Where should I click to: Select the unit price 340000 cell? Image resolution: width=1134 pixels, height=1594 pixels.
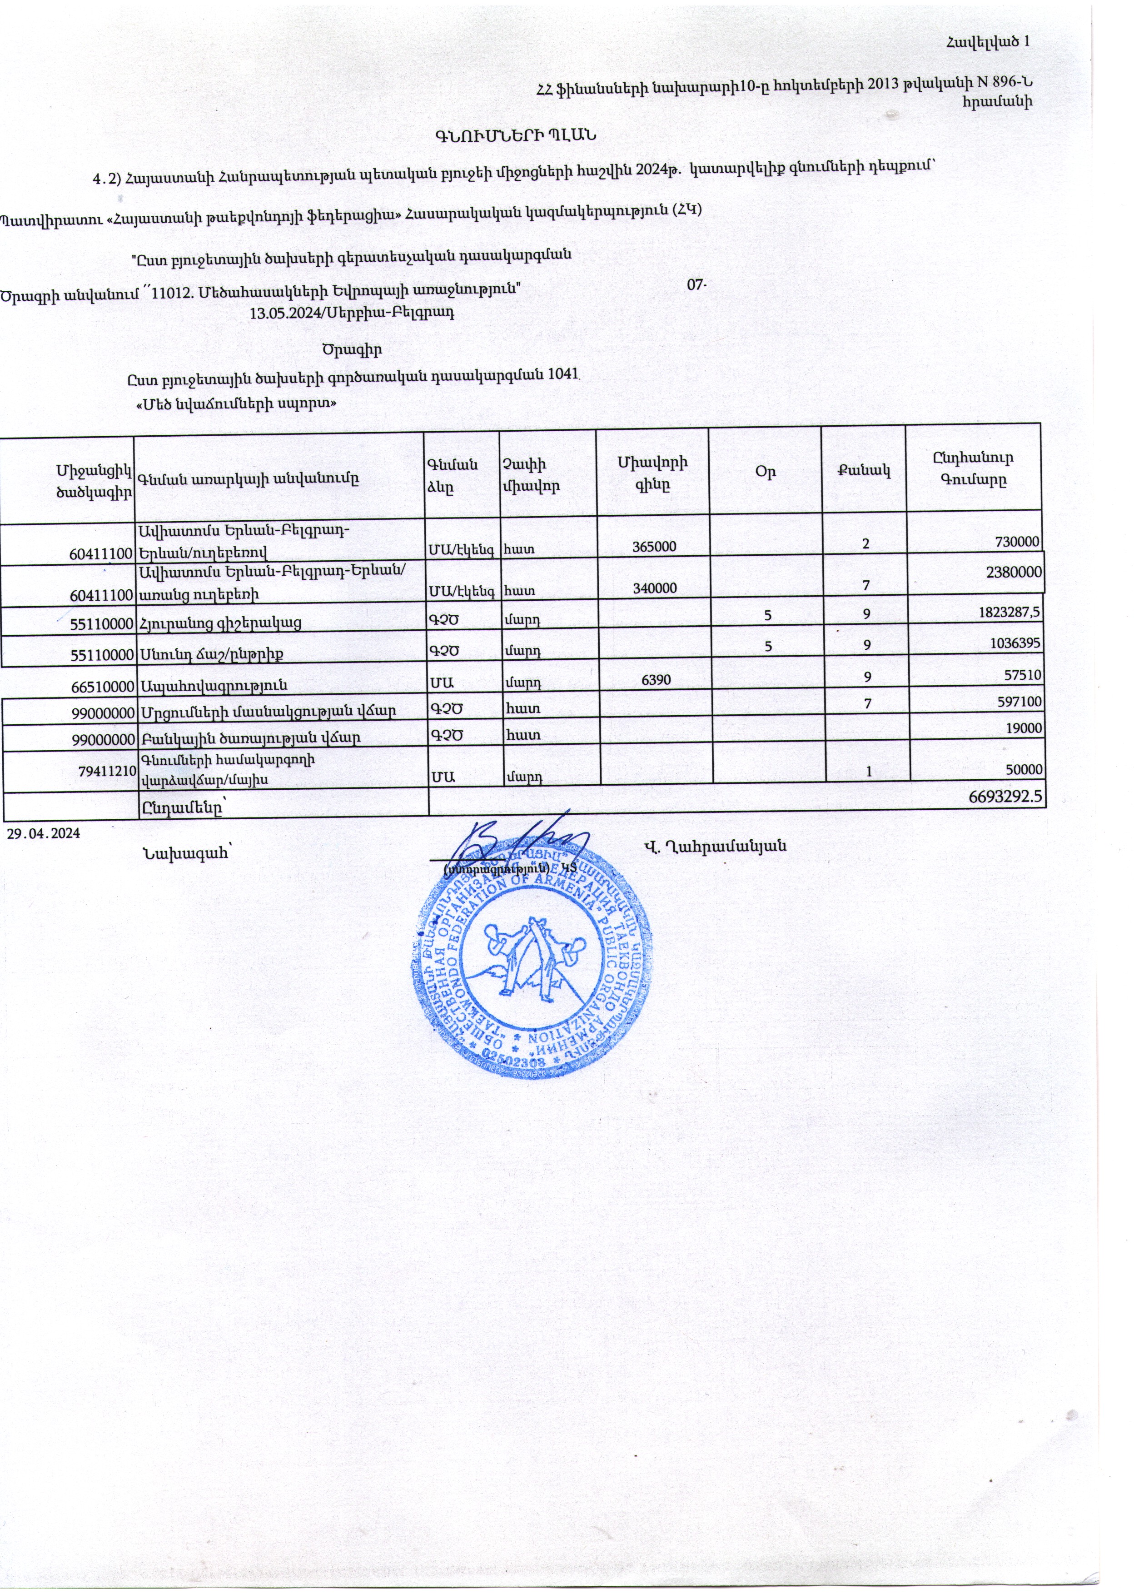click(654, 588)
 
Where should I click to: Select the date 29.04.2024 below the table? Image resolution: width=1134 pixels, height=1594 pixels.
click(43, 833)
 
